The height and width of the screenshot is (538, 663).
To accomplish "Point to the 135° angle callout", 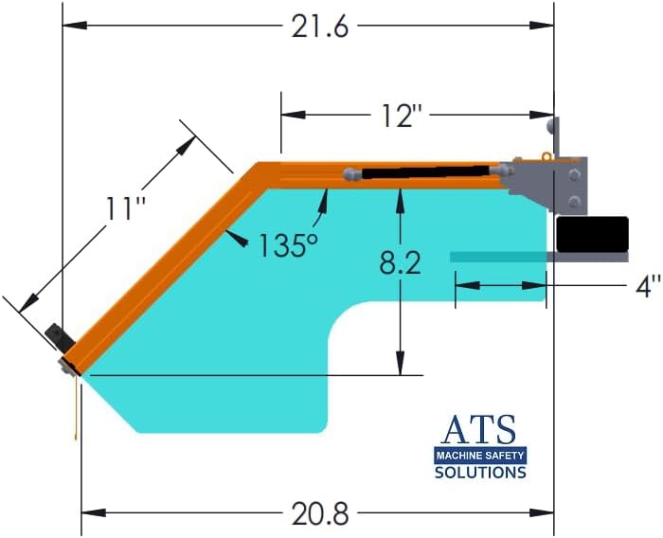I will tap(287, 245).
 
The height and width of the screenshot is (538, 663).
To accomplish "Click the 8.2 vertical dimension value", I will tap(401, 264).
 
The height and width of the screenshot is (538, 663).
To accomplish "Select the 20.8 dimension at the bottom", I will tap(319, 513).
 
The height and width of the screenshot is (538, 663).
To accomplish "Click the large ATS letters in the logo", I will tap(480, 431).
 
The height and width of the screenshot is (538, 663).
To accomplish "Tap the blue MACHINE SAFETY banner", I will tap(480, 456).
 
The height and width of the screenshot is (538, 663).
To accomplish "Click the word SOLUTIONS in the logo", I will tap(480, 472).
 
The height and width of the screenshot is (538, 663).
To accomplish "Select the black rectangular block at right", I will tap(592, 233).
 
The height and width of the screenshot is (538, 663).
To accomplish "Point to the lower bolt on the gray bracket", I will tap(574, 200).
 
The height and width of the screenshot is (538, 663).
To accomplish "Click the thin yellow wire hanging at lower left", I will tap(74, 407).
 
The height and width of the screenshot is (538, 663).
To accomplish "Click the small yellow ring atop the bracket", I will tap(546, 155).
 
